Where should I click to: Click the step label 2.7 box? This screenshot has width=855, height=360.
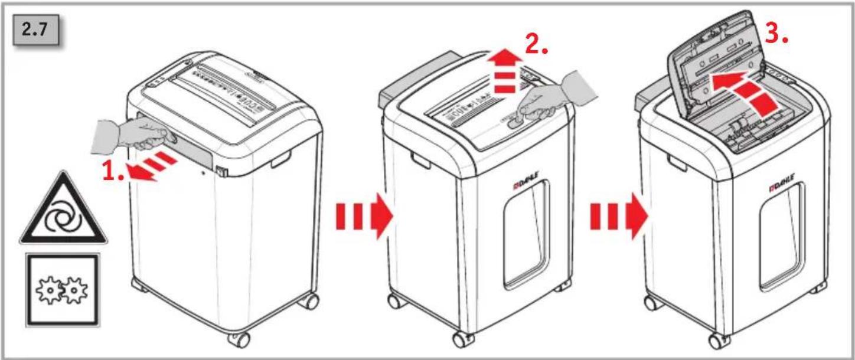click(x=36, y=30)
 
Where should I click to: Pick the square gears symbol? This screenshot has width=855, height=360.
click(x=63, y=290)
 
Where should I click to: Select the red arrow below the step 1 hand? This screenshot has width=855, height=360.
click(x=153, y=166)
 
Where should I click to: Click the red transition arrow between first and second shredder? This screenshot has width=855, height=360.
click(x=364, y=216)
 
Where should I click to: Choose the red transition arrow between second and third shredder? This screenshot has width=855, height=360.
click(x=619, y=216)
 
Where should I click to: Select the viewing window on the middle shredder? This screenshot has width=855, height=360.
click(x=527, y=234)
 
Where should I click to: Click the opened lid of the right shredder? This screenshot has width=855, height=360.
click(x=714, y=63)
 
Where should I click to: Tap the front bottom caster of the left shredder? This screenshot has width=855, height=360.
click(x=239, y=339)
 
